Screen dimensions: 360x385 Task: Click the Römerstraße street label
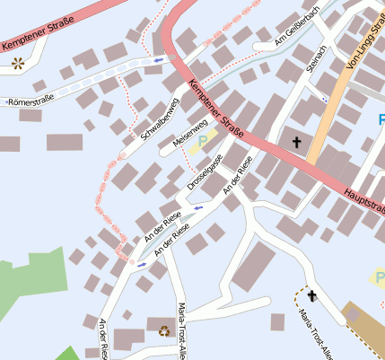coord(24,103)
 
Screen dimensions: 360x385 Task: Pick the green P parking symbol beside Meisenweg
coord(203,141)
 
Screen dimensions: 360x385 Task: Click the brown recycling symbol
coord(164,330)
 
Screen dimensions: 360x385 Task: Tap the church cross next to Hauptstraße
coord(297,142)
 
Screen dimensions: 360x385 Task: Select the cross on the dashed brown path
coord(312,295)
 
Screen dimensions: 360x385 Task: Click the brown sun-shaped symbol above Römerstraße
coord(18,63)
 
